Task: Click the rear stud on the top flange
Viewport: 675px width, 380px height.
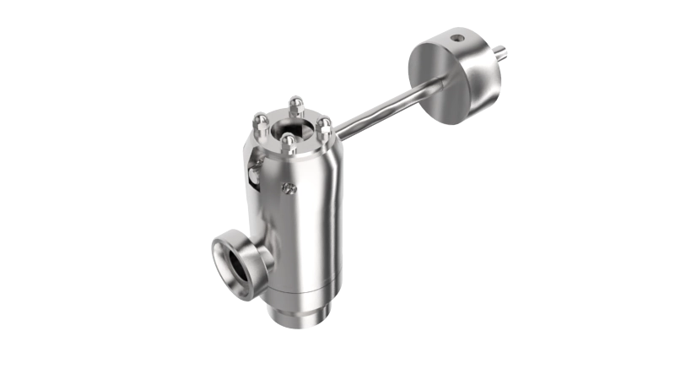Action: click(x=294, y=105)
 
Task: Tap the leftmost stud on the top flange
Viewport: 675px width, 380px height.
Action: click(x=259, y=124)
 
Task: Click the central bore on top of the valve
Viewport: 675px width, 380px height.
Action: click(x=290, y=128)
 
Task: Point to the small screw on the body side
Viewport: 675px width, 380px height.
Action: click(x=291, y=188)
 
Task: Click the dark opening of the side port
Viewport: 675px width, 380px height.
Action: click(x=237, y=262)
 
